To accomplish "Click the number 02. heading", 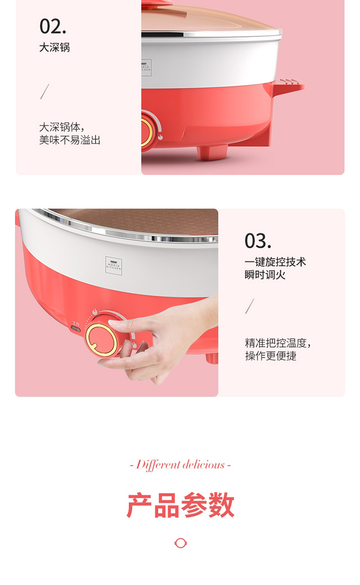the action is (x=53, y=26).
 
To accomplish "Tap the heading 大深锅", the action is (x=55, y=48).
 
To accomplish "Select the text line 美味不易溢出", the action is (x=70, y=140).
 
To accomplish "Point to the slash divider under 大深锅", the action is (x=45, y=91).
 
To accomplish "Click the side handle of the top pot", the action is (x=288, y=86).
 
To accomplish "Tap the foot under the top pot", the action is (x=212, y=153).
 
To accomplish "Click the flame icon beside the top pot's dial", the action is (x=160, y=137).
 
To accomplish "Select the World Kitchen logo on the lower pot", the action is (x=114, y=265).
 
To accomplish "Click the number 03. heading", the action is (x=258, y=241).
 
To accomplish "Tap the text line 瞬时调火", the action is (x=265, y=275).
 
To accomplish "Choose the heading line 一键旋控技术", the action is (x=275, y=262).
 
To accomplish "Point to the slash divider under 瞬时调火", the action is (x=250, y=306).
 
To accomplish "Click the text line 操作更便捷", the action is (x=271, y=356).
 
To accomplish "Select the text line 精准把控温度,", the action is (x=278, y=343).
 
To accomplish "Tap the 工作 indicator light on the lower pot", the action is (x=75, y=329).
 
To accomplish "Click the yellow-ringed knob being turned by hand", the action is (x=102, y=339).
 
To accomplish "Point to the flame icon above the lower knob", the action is (x=95, y=311).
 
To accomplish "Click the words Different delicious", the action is (x=180, y=465).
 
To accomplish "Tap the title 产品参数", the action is (x=180, y=505).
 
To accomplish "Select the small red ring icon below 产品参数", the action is (x=180, y=543).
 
